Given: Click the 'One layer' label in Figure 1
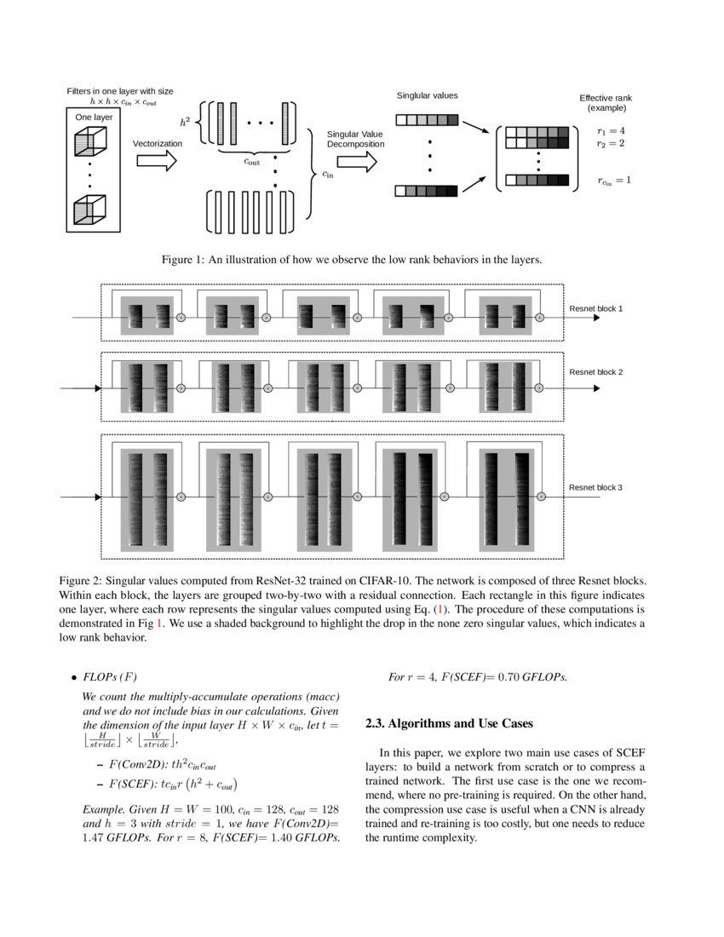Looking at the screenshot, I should click(x=94, y=117).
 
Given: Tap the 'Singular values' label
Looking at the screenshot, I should click(x=427, y=96).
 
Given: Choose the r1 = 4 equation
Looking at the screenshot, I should click(x=611, y=131).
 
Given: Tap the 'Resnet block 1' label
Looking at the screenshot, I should click(x=595, y=308).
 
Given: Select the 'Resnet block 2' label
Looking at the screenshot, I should click(x=595, y=372).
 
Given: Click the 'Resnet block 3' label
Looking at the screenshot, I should click(x=595, y=487).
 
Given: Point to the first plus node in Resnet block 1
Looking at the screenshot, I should click(x=181, y=317).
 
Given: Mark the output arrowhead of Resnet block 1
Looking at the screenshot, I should click(x=598, y=317).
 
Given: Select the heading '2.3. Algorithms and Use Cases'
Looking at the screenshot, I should click(x=448, y=723).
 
